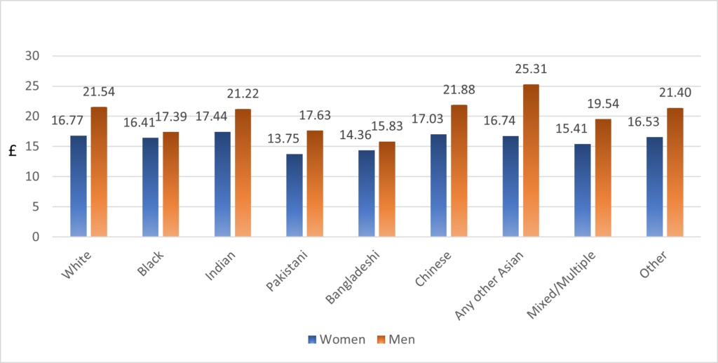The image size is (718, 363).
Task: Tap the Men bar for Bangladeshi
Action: [x=386, y=189]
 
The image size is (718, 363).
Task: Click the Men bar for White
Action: [x=99, y=172]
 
